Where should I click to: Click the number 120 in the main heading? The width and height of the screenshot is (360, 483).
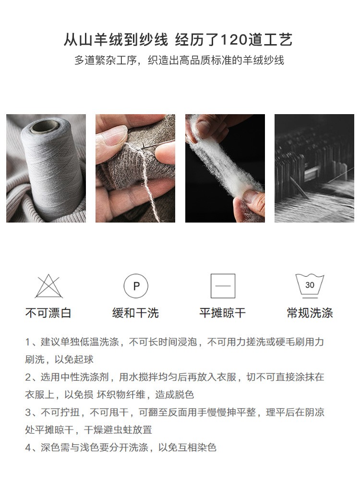(x=234, y=40)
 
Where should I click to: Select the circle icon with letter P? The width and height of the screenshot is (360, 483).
(x=136, y=286)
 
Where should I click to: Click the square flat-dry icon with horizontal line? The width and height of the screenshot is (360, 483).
(x=223, y=286)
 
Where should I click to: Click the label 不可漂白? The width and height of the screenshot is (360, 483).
(x=48, y=313)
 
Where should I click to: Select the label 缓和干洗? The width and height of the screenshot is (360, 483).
(x=136, y=313)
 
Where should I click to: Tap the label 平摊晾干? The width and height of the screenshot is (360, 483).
(x=223, y=313)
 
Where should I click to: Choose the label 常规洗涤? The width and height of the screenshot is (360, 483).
(x=310, y=313)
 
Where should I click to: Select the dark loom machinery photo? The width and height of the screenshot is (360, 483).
(x=314, y=168)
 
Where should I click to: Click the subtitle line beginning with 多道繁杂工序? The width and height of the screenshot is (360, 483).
(x=179, y=60)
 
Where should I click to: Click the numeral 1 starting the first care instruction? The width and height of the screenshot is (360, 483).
(x=28, y=342)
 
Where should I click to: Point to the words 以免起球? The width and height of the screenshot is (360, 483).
(x=74, y=359)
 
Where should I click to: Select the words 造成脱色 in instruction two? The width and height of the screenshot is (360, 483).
(x=174, y=395)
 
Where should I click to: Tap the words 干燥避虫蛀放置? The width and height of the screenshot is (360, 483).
(x=118, y=430)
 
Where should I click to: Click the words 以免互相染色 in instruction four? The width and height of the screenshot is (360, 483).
(x=187, y=448)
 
